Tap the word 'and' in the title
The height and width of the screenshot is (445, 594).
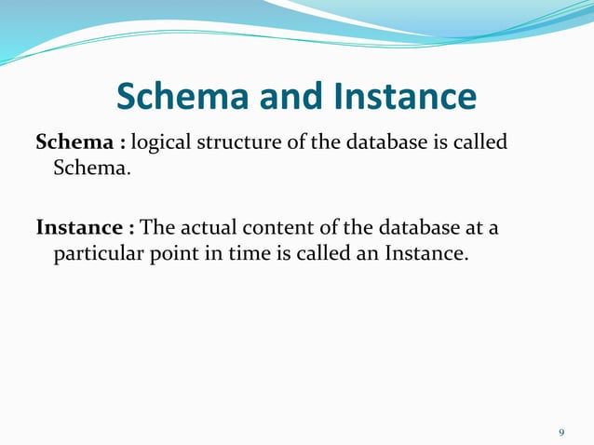coord(280,96)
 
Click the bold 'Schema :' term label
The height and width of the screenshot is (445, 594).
coord(80,144)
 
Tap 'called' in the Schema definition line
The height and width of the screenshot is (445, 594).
coord(481,144)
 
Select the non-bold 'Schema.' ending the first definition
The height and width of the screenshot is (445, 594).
coord(86,170)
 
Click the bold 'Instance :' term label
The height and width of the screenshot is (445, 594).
coord(85,228)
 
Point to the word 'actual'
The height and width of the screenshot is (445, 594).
coord(205,228)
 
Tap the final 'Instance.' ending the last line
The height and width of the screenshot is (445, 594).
coord(424,254)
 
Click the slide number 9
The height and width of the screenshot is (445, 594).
coord(561,433)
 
